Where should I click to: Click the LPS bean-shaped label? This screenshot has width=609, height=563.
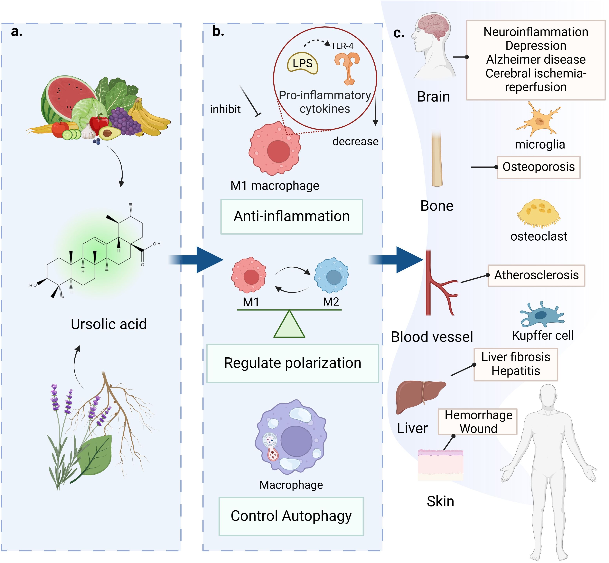[x=303, y=63]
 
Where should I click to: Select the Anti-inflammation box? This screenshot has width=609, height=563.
[x=292, y=217]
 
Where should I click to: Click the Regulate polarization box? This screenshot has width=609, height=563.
[x=292, y=363]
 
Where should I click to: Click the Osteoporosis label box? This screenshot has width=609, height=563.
[x=539, y=167]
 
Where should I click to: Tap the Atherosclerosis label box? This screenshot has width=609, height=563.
[x=536, y=275]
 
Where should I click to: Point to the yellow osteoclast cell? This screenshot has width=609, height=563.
[x=539, y=213]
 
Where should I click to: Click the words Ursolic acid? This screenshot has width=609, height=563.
[x=108, y=324]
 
